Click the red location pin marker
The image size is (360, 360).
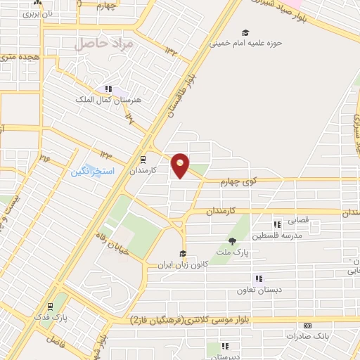[x=181, y=165]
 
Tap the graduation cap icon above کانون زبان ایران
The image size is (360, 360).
[x=183, y=254]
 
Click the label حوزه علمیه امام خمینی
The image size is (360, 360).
[x=245, y=42]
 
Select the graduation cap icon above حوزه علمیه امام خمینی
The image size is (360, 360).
[x=245, y=32]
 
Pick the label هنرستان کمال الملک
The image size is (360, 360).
[x=109, y=99]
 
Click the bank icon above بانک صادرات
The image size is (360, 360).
[x=307, y=326]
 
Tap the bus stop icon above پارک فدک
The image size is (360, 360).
[x=50, y=307]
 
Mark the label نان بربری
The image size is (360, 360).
[x=27, y=13]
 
